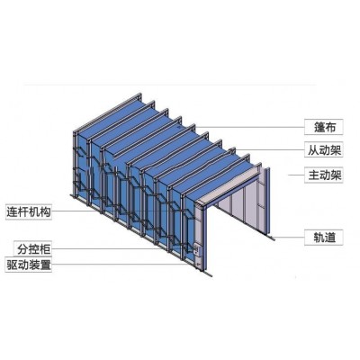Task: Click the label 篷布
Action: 324,127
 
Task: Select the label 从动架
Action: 325,150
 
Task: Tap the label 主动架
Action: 325,175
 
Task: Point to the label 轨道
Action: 324,238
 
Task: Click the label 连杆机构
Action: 29,212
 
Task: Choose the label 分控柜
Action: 33,248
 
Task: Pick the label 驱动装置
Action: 29,265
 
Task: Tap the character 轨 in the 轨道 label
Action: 319,238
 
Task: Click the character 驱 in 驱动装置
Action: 12,265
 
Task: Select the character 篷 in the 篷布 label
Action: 319,127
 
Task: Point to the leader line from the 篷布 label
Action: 250,127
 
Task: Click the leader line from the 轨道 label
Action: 290,238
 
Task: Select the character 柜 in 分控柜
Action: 45,248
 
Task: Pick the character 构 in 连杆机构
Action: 45,212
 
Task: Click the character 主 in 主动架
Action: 313,175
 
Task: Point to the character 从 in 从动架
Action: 313,150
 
